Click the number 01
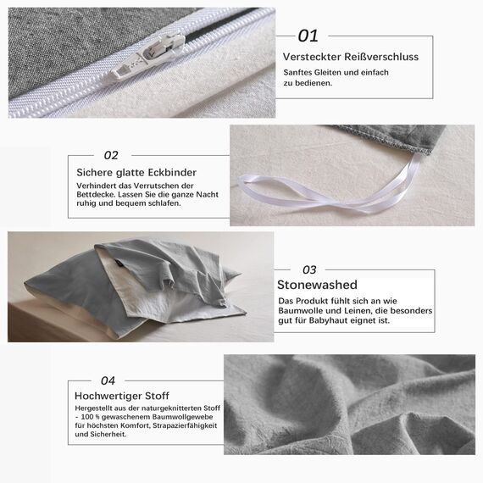point(308,36)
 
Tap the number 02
point(111,155)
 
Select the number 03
point(309,270)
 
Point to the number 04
point(108,380)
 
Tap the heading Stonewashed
point(318,286)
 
